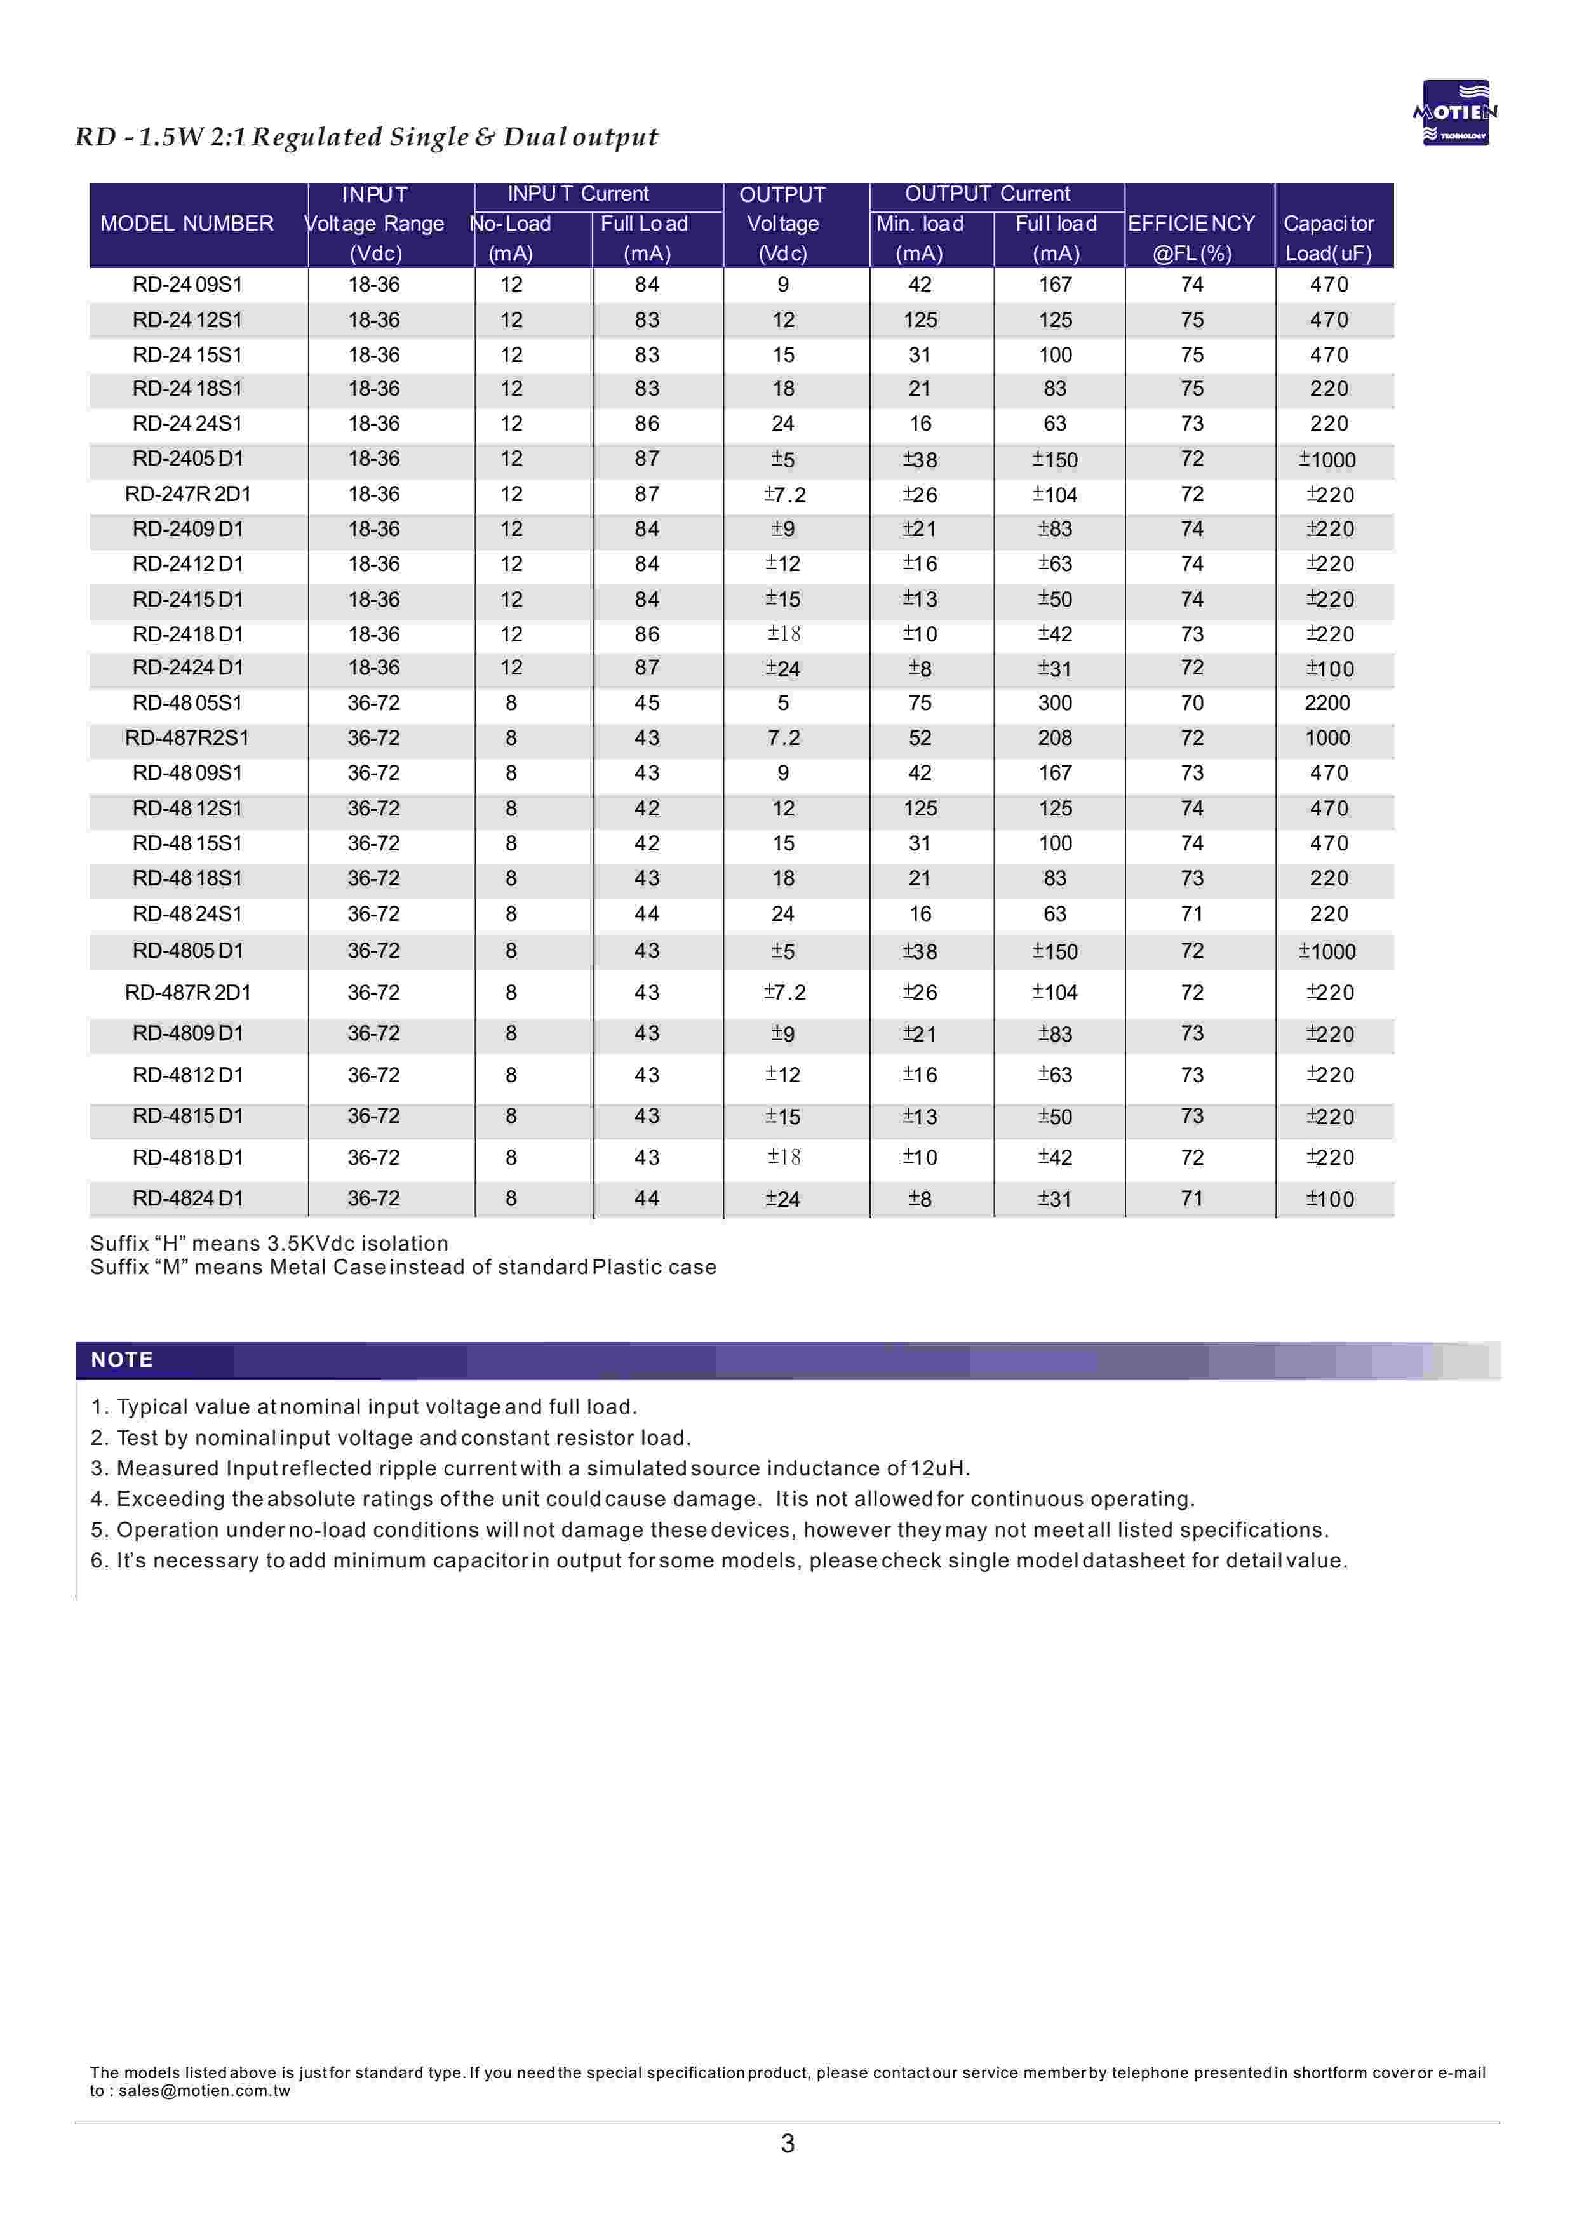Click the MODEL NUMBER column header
[187, 224]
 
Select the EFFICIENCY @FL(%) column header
[1191, 238]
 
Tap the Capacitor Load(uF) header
[1329, 238]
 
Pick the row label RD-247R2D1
[187, 494]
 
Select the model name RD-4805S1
[187, 703]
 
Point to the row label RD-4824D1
[187, 1198]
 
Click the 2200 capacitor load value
[1327, 703]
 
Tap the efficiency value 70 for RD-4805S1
[1191, 703]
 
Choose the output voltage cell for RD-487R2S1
[782, 738]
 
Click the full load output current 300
[1054, 703]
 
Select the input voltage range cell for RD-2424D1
[374, 668]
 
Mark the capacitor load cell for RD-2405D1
[1327, 459]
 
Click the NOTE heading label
[123, 1359]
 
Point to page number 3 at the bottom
[788, 2142]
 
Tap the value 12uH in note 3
[938, 1468]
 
